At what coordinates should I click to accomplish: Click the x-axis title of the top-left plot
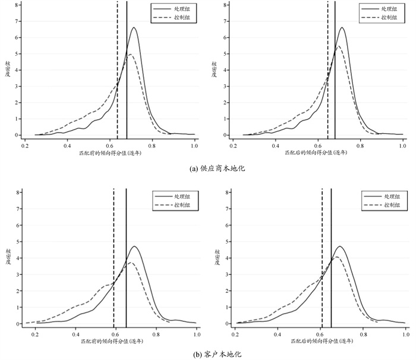pos(110,153)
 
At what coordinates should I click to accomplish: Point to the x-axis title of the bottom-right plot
pos(314,339)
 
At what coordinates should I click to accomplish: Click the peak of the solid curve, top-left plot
pos(134,28)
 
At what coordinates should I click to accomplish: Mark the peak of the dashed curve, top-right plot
pos(339,46)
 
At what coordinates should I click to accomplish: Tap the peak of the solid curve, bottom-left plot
pos(134,247)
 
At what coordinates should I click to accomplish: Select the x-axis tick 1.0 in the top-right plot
pos(402,145)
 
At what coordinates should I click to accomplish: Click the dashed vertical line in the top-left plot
pos(117,71)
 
